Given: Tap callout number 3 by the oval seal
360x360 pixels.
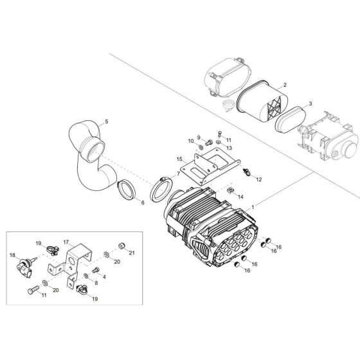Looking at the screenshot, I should coord(310,103).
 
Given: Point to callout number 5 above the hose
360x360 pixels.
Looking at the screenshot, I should coord(107,122).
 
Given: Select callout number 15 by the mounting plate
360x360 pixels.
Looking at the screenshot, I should coord(180,157).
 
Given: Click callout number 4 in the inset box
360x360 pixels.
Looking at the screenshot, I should coord(104,276).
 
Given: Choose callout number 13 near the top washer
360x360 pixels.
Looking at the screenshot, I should coord(228,147).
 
